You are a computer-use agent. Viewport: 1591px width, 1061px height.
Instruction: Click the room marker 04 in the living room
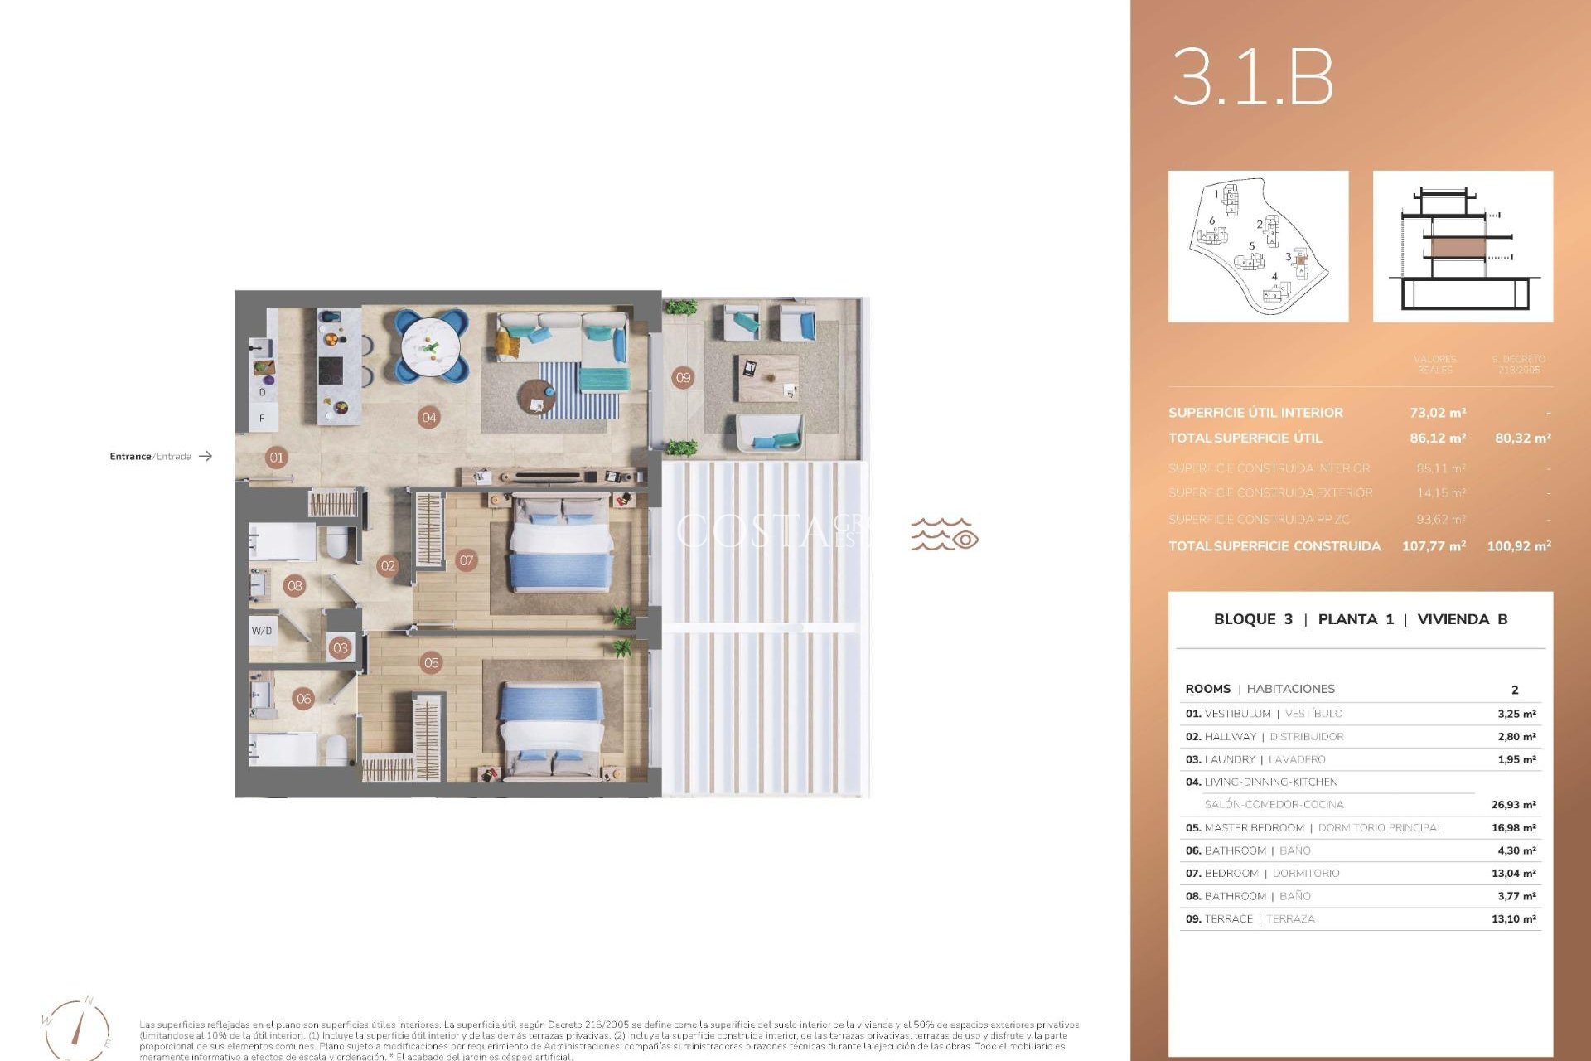click(428, 418)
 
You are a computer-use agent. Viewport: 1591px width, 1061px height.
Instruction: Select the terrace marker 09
click(683, 378)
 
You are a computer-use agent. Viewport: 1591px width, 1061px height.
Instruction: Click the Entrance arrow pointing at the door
click(206, 456)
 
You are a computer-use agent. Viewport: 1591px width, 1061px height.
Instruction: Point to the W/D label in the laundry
click(262, 631)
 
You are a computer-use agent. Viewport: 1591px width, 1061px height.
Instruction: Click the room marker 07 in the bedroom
click(467, 560)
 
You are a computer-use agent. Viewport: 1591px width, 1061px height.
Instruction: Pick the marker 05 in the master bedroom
click(431, 662)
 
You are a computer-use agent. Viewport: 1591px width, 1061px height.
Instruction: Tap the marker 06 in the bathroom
click(304, 699)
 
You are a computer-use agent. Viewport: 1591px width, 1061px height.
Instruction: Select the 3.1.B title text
click(1252, 77)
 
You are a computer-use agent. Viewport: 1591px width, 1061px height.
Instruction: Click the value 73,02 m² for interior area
click(1438, 413)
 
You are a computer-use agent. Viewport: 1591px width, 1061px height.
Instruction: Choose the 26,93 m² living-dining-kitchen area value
click(1513, 805)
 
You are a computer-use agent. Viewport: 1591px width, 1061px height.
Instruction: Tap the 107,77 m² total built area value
click(1434, 546)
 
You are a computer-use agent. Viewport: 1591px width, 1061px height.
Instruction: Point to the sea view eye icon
click(965, 540)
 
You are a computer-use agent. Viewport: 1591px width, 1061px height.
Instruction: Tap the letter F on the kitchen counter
click(262, 419)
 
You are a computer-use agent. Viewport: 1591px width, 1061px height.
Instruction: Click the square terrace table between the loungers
click(768, 379)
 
